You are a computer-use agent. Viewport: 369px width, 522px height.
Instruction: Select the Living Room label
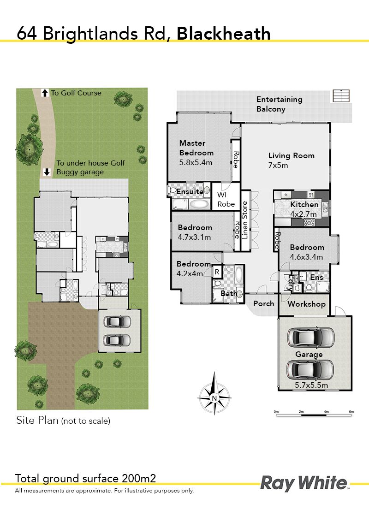tap(292, 155)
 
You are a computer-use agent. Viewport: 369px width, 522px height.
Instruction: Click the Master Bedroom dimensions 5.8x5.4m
tap(196, 162)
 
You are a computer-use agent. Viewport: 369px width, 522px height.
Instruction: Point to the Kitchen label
tap(304, 204)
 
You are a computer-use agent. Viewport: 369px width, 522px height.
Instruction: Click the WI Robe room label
tap(226, 199)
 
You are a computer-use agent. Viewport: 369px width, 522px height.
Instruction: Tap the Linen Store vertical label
tap(245, 220)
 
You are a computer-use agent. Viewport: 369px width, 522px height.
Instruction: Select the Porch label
tap(264, 303)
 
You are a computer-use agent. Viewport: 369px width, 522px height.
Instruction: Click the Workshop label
tap(306, 304)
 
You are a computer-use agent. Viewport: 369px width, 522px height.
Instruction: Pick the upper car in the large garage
tap(310, 338)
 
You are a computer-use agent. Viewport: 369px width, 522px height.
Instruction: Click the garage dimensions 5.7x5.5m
tap(311, 385)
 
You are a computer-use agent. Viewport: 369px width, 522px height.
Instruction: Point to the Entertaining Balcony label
tap(280, 104)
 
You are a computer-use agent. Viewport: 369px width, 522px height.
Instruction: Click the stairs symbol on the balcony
tap(341, 96)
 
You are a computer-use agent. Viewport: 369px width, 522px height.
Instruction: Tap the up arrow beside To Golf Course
tap(45, 93)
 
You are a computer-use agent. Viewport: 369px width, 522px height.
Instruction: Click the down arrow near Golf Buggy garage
tap(47, 172)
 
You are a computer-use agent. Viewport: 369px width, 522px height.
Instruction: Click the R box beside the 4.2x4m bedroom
tap(217, 272)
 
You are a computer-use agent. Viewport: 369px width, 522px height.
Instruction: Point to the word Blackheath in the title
tap(223, 34)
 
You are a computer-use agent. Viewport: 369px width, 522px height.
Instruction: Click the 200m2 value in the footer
tap(139, 478)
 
